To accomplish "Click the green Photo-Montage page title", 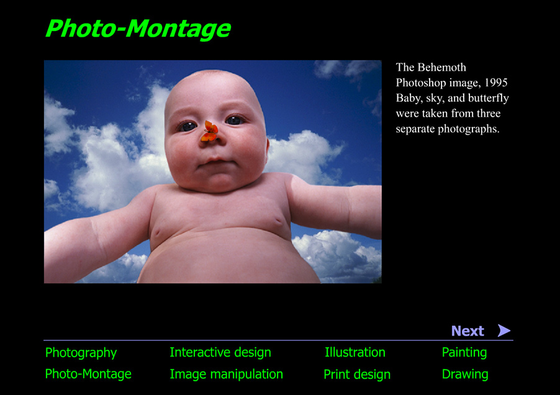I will pos(138,29).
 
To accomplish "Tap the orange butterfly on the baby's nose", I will pos(210,131).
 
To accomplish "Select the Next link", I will pos(467,331).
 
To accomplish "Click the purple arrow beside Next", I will pos(504,331).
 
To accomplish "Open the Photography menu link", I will pos(81,353).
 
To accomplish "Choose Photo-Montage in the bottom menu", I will pos(88,374).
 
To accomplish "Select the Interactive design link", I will pos(220,353).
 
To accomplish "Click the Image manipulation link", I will pos(226,374).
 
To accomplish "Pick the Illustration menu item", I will pos(355,353).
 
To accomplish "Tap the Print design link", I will pos(357,375).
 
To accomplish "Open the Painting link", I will pos(464,353).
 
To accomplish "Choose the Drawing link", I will pos(464,375).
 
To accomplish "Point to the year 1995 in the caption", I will pos(496,83).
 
